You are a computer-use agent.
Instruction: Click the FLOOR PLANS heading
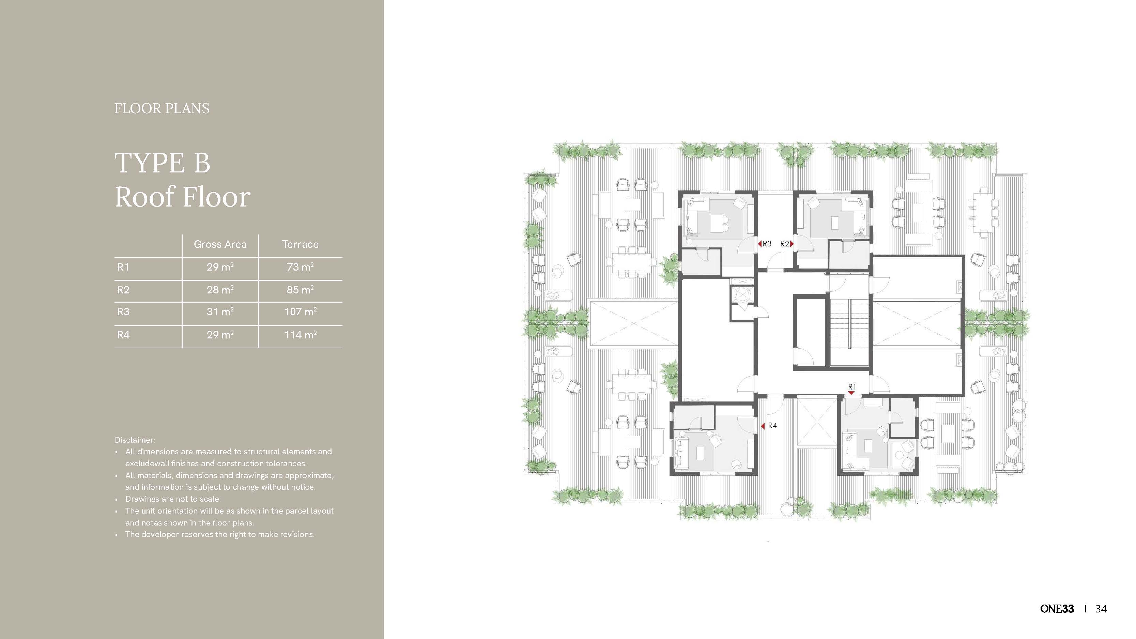tap(162, 108)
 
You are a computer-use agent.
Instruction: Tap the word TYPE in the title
tap(150, 163)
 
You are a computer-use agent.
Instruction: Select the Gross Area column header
tap(220, 244)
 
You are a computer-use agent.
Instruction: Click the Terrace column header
tap(300, 244)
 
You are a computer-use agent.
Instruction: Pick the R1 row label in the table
tap(123, 267)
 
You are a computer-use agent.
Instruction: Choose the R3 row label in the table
tap(123, 312)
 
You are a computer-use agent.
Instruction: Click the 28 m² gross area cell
tap(220, 290)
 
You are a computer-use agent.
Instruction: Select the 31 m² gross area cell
tap(220, 312)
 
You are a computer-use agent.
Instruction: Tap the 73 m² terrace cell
tap(300, 267)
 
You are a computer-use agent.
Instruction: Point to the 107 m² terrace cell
tap(300, 312)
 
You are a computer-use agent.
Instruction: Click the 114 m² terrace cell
tap(300, 335)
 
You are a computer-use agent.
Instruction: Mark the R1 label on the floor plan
tap(851, 387)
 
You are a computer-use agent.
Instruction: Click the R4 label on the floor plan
tap(772, 426)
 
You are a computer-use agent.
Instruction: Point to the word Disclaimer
tap(135, 440)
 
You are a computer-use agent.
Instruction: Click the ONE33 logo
tap(1057, 609)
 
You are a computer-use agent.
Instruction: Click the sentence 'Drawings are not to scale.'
tap(173, 499)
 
